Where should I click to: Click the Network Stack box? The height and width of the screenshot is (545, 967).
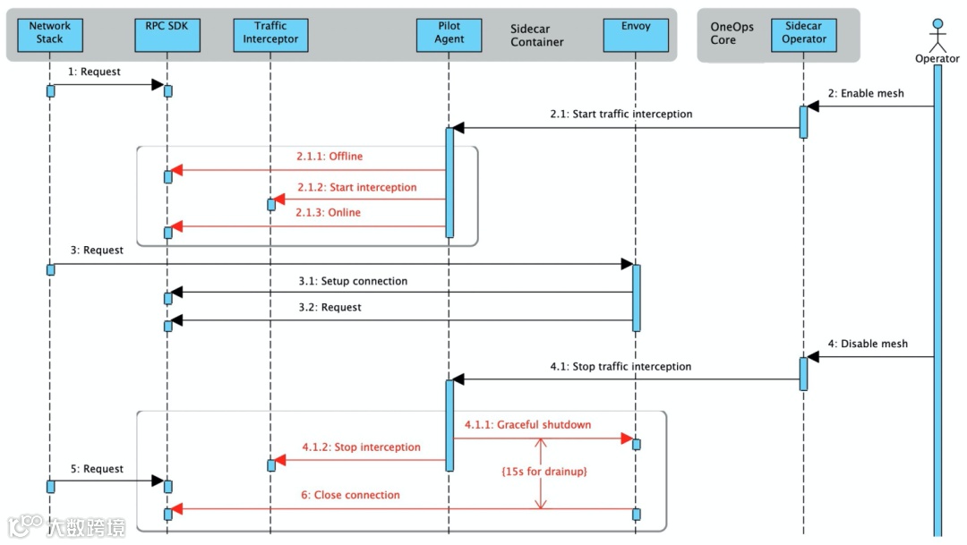click(x=50, y=35)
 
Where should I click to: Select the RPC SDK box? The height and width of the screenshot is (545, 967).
click(x=167, y=35)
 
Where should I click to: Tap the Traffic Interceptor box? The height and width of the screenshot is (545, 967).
click(x=270, y=35)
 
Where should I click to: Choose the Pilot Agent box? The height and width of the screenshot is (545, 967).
click(x=449, y=35)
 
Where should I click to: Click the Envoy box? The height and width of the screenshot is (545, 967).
click(x=636, y=35)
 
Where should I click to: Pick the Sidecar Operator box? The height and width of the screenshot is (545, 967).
click(x=803, y=35)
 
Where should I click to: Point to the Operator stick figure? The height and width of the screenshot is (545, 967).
click(x=937, y=36)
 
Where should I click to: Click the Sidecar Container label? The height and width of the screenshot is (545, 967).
click(x=536, y=35)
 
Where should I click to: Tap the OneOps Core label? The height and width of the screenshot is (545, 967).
click(x=732, y=33)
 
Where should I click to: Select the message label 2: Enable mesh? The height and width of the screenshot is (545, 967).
click(x=866, y=93)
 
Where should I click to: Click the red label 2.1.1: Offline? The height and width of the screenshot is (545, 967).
click(x=329, y=156)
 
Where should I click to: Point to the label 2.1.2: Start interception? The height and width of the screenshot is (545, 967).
click(x=357, y=187)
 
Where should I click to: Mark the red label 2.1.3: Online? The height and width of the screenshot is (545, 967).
click(x=328, y=212)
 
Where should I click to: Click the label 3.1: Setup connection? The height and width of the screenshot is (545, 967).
click(x=353, y=281)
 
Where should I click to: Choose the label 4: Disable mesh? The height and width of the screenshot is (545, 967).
click(x=868, y=344)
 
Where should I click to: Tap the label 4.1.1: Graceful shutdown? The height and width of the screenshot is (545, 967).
click(x=528, y=424)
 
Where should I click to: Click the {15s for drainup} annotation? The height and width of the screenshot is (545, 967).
click(x=544, y=472)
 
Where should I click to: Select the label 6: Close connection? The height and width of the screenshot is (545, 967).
click(x=350, y=495)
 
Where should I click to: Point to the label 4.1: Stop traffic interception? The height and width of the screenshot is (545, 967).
click(x=620, y=366)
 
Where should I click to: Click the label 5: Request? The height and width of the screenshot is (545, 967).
click(x=97, y=469)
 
